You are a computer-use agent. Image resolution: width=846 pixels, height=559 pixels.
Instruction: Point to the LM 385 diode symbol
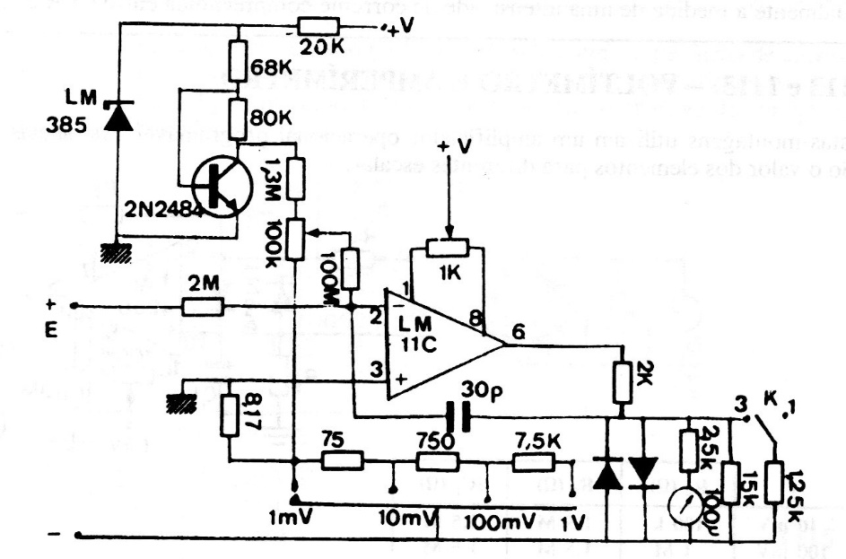pos(111,115)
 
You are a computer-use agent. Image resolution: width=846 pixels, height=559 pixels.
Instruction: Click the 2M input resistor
pos(203,307)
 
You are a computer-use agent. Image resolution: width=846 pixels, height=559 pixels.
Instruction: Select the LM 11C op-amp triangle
pos(440,345)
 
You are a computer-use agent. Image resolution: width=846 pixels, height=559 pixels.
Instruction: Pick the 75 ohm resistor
pos(342,461)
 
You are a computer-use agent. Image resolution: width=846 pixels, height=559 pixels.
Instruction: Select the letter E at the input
pos(51,330)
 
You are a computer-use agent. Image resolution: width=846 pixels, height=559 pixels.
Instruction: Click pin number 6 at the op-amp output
pos(519,330)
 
